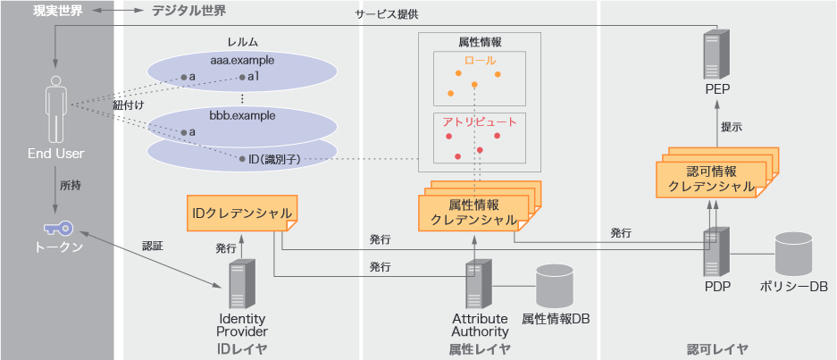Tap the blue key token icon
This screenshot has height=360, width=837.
click(x=55, y=226)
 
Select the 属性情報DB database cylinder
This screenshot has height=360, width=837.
click(x=555, y=286)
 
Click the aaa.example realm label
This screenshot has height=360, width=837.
click(x=242, y=61)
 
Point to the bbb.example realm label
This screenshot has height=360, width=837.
click(x=242, y=115)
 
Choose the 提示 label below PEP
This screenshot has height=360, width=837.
click(x=732, y=127)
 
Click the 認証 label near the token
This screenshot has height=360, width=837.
click(x=153, y=245)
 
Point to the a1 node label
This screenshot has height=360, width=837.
click(x=253, y=77)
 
